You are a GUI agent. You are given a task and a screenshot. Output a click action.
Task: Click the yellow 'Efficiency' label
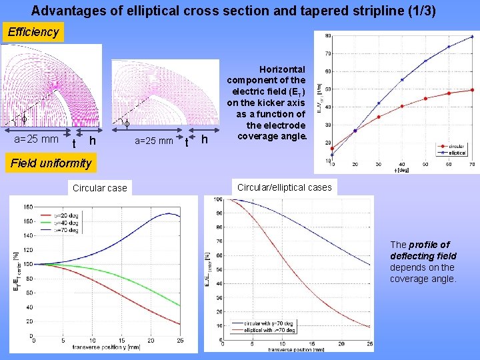pos(33,32)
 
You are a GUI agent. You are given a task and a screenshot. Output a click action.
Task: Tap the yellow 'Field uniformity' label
pos(51,163)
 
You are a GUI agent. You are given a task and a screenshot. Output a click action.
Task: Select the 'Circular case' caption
pos(99,188)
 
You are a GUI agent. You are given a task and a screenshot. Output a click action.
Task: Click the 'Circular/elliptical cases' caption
pos(285,187)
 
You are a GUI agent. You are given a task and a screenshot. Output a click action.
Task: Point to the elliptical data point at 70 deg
pos(472,37)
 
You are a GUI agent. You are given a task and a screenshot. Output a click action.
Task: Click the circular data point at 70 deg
pos(472,90)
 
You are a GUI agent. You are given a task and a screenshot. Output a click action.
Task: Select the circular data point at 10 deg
pos(333,148)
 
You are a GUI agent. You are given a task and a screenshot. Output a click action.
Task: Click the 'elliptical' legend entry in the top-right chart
pos(455,153)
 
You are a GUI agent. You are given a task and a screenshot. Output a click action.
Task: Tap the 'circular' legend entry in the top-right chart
pos(455,147)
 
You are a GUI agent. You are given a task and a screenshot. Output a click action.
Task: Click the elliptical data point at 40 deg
pos(402,80)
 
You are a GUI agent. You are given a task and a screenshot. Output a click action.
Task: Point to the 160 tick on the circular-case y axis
pos(27,207)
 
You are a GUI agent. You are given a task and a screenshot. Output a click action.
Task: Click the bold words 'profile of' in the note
pos(429,245)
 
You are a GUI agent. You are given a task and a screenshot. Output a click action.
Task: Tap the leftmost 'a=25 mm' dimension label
pos(36,139)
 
